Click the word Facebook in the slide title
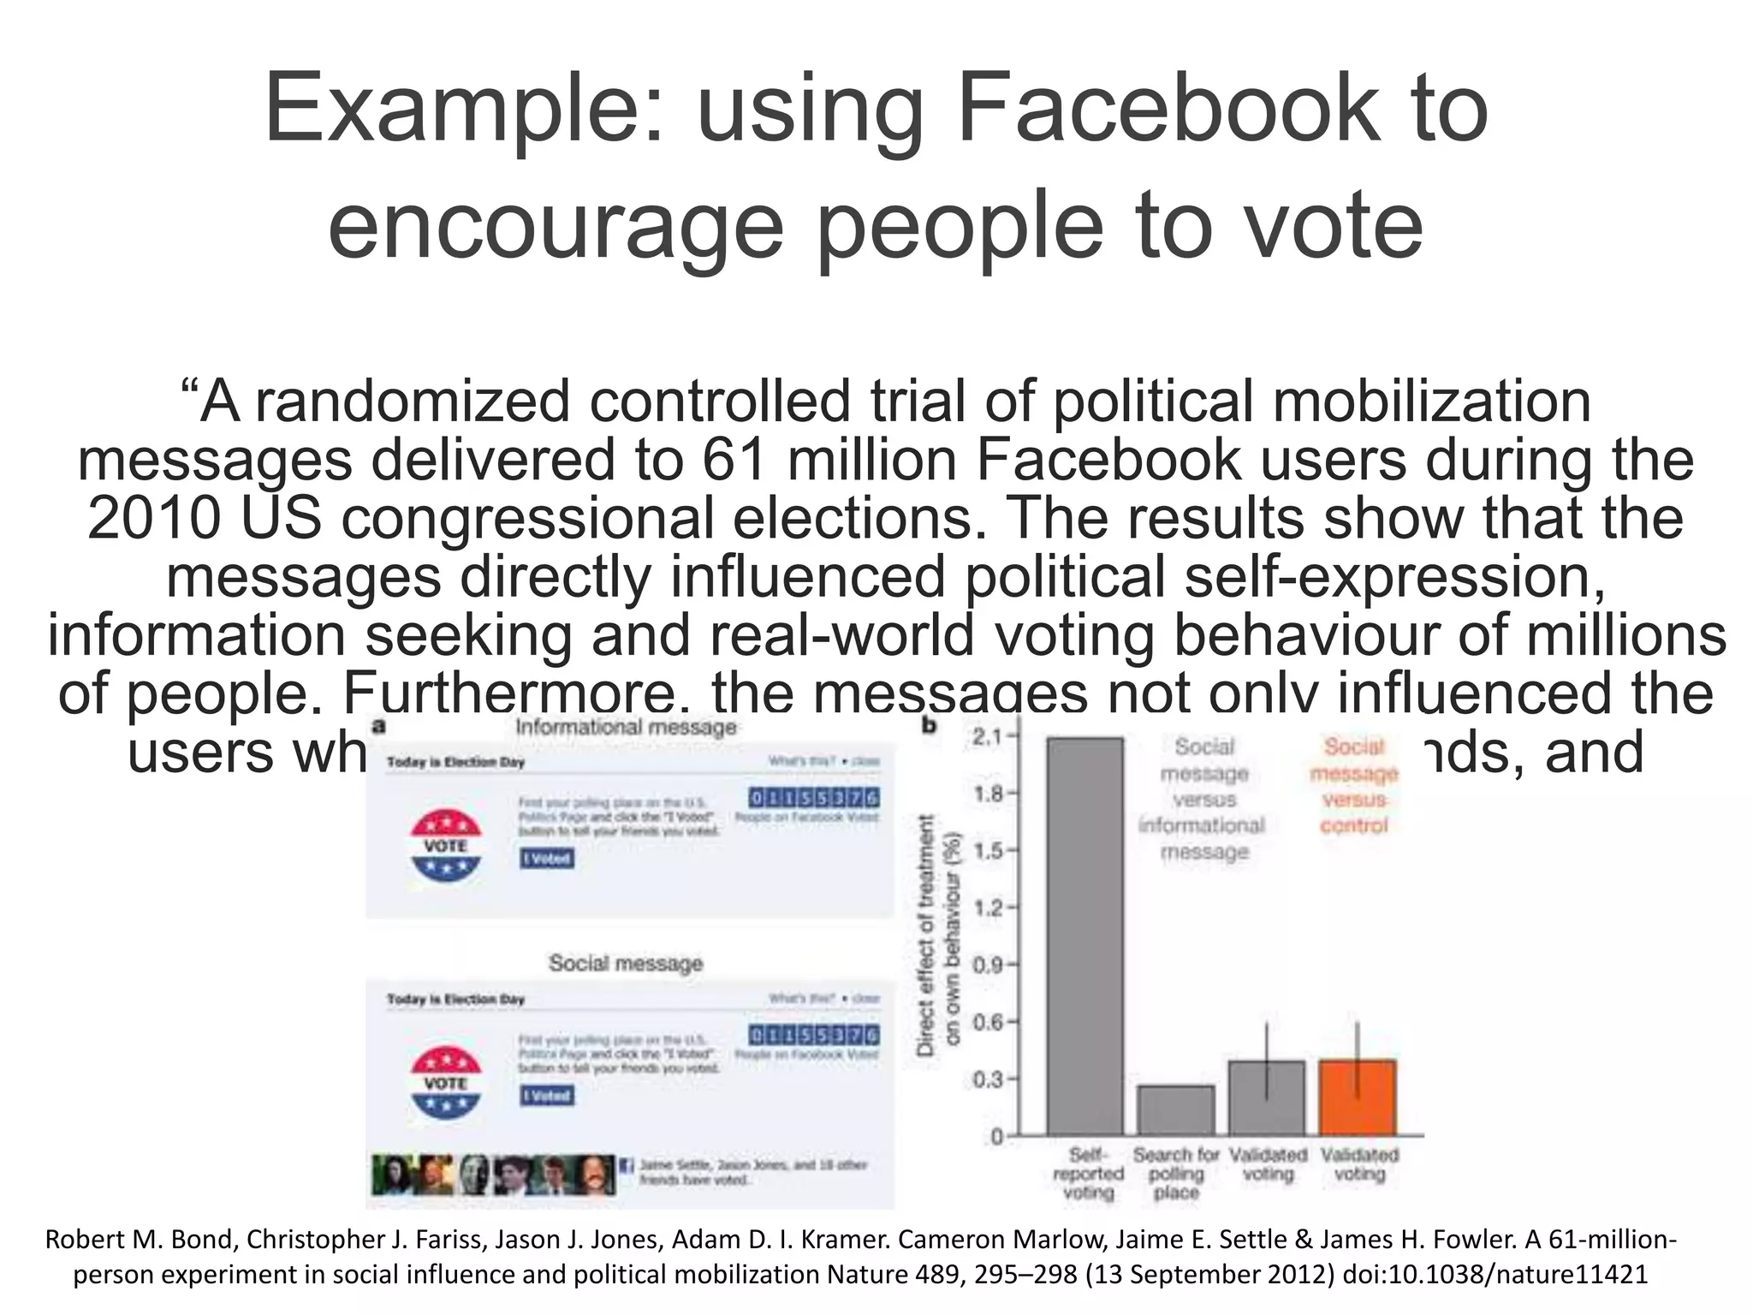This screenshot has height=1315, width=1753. [1169, 110]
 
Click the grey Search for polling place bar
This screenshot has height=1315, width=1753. [1176, 1110]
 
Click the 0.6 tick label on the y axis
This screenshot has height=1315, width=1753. [989, 1022]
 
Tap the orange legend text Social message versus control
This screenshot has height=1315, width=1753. [1353, 786]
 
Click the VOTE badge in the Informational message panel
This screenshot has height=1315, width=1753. [446, 846]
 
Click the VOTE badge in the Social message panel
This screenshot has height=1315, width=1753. [446, 1083]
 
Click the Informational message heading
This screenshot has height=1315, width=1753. [626, 728]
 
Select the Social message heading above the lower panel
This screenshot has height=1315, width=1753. [626, 963]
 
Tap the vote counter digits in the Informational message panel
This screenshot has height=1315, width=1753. [813, 798]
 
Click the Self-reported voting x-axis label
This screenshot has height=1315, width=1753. [1087, 1174]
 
